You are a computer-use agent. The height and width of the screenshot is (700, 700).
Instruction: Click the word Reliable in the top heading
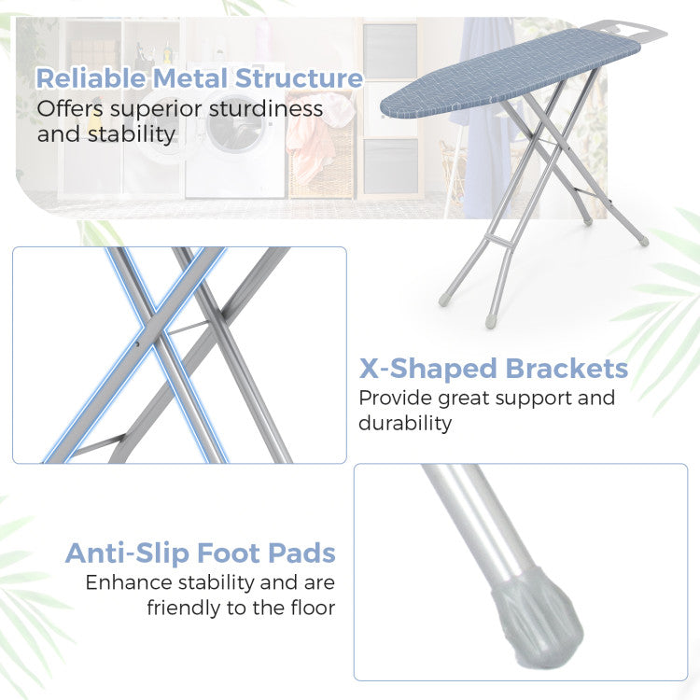[91, 78]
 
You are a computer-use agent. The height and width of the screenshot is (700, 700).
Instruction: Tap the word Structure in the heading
[299, 78]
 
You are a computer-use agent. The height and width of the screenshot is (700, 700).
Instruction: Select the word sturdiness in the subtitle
[266, 109]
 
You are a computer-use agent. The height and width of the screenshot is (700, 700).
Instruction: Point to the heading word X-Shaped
[427, 370]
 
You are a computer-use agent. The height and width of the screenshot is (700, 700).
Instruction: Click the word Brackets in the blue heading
[567, 369]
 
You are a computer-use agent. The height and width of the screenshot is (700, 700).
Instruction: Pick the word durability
[405, 423]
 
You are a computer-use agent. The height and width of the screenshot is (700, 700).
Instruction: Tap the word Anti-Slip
[127, 553]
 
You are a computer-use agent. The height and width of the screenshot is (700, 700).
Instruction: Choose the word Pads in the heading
[301, 553]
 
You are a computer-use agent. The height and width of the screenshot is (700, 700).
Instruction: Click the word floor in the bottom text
[313, 608]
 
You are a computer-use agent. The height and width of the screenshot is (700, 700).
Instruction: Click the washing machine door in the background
[228, 128]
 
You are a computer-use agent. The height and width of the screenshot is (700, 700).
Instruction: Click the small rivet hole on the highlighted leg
[137, 343]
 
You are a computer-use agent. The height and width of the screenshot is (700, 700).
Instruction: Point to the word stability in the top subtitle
[131, 134]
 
